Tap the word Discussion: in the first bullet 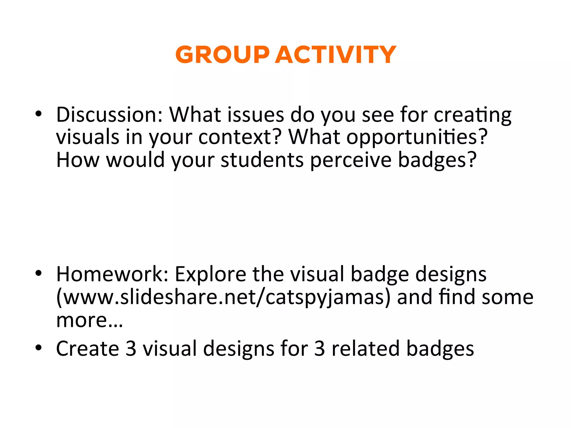[x=109, y=115]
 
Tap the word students [x=262, y=160]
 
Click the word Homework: [x=112, y=274]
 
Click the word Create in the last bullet [x=88, y=349]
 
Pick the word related [x=366, y=349]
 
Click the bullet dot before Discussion [x=38, y=114]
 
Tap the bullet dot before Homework [x=38, y=273]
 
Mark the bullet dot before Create [x=38, y=348]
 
